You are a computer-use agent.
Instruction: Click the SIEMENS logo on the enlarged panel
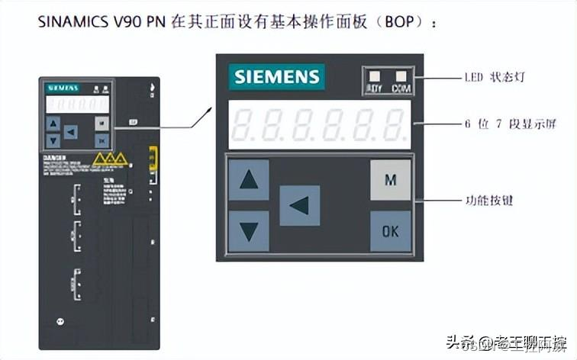click(x=277, y=77)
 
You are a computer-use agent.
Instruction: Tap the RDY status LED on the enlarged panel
click(x=375, y=76)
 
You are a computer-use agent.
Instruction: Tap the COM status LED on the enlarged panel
click(x=401, y=76)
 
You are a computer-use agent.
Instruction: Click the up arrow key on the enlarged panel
click(x=249, y=180)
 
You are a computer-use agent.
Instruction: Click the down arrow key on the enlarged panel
click(x=249, y=231)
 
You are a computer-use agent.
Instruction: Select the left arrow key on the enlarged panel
click(x=299, y=205)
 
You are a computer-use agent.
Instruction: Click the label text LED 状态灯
click(x=495, y=77)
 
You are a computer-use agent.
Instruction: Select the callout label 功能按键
click(x=489, y=201)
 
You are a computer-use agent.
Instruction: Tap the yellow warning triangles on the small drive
click(x=108, y=159)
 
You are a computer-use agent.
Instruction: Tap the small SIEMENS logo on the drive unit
click(x=60, y=88)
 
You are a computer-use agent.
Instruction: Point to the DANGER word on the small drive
click(x=51, y=155)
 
